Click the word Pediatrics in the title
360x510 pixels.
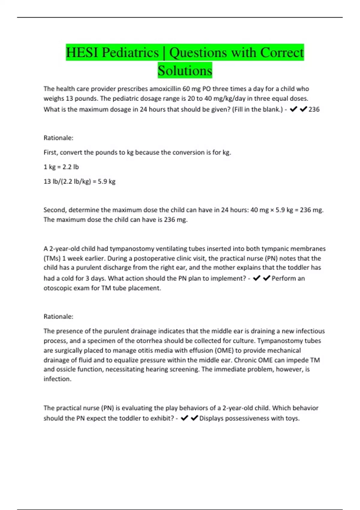pos(130,53)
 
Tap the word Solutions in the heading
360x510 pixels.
pos(185,71)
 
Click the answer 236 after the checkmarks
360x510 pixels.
pos(314,109)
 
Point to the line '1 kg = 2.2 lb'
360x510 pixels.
pos(61,167)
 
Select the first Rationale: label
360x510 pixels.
pos(58,138)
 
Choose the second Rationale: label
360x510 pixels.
pos(58,316)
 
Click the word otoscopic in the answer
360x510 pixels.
pos(56,288)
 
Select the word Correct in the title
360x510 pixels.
pos(282,53)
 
